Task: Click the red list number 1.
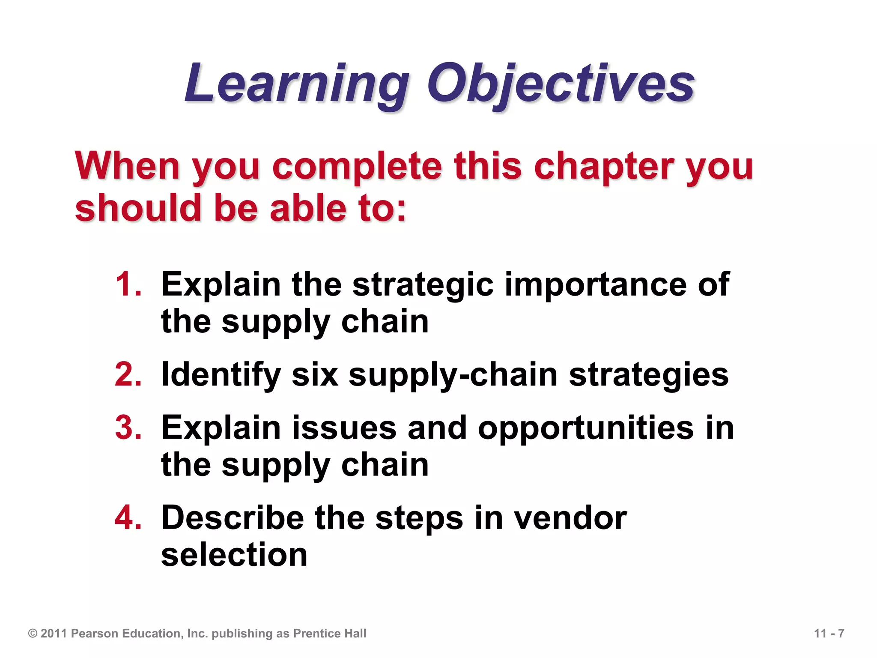(x=128, y=284)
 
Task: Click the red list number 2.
(x=128, y=374)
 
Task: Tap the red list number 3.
(x=128, y=428)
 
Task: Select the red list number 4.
(x=128, y=517)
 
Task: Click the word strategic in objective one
(x=423, y=285)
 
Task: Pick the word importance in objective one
(x=596, y=285)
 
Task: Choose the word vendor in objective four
(x=570, y=518)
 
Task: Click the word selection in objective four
(x=234, y=555)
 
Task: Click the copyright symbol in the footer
(x=33, y=634)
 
